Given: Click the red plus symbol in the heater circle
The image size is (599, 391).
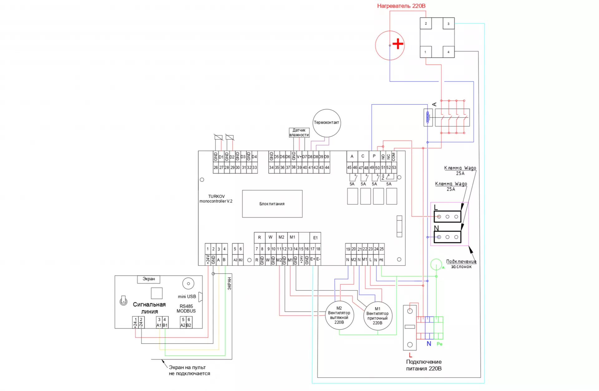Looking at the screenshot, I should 398,44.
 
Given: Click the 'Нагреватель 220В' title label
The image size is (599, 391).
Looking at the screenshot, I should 401,6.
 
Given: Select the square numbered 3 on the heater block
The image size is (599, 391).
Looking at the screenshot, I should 448,23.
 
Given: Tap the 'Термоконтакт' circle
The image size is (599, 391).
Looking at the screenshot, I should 327,123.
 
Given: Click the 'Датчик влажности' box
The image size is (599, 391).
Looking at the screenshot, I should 299,133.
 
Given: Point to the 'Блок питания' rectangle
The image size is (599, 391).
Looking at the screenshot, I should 272,204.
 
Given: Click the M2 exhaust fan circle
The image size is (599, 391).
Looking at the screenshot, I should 339,315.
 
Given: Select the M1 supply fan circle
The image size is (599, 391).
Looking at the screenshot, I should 377,316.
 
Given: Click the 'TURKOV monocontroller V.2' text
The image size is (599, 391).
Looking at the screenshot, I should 216,199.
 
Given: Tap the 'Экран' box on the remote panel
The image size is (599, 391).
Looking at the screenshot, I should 149,279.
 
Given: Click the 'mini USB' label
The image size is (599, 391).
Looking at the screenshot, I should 187,296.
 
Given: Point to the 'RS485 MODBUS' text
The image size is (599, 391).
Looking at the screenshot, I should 186,309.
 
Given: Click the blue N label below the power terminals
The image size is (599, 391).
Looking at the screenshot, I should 429,344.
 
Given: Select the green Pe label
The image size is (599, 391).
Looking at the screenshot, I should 440,344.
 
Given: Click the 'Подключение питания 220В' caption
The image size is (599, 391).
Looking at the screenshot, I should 424,365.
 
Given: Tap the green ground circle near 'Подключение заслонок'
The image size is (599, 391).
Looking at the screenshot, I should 436,264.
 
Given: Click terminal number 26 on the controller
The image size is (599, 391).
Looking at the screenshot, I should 216,168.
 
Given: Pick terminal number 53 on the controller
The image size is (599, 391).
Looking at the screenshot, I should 394,168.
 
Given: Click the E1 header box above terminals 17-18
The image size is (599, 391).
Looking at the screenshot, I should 315,238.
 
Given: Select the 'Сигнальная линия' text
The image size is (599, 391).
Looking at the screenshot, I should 149,308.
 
